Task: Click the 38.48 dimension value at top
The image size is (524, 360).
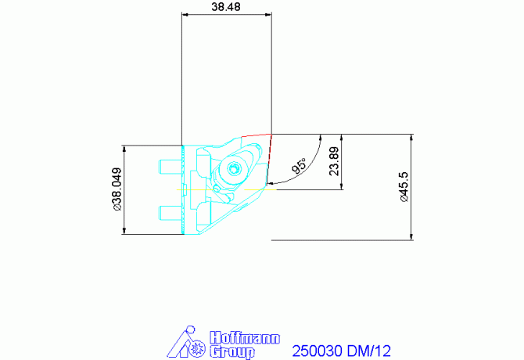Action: [x=226, y=6]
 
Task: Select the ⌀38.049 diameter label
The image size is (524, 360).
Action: [x=117, y=189]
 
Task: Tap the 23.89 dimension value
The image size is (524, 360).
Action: [x=334, y=161]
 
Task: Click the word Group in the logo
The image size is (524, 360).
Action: [x=233, y=352]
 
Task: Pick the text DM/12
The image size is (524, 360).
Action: [x=369, y=351]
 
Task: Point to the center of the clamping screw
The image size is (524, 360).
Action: [x=232, y=167]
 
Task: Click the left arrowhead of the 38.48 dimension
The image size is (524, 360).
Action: [x=184, y=14]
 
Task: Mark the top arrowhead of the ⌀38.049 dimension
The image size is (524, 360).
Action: [x=124, y=147]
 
